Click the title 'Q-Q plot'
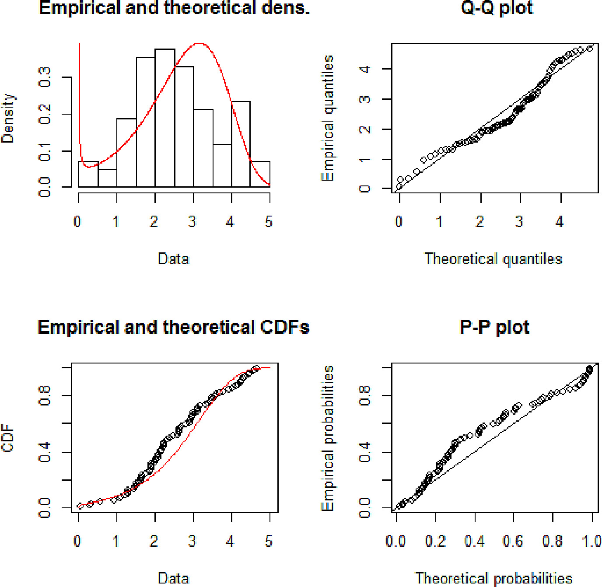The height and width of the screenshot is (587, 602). pyautogui.click(x=497, y=8)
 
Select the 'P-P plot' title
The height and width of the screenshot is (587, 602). pyautogui.click(x=494, y=327)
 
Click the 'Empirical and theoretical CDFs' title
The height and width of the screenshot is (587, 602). pyautogui.click(x=173, y=327)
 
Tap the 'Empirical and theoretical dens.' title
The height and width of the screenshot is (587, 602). pyautogui.click(x=174, y=8)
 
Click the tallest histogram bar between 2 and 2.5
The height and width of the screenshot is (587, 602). pyautogui.click(x=165, y=118)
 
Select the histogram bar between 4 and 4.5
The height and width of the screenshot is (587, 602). pyautogui.click(x=241, y=144)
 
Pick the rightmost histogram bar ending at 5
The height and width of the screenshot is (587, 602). pyautogui.click(x=260, y=174)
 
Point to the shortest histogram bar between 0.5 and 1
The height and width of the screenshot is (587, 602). pyautogui.click(x=108, y=178)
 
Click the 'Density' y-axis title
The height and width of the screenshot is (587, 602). pyautogui.click(x=8, y=119)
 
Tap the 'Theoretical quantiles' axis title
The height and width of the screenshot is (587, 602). pyautogui.click(x=493, y=259)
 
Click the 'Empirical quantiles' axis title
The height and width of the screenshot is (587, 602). pyautogui.click(x=327, y=118)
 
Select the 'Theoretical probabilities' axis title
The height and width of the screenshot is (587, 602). pyautogui.click(x=493, y=578)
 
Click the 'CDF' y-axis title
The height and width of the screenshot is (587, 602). pyautogui.click(x=8, y=438)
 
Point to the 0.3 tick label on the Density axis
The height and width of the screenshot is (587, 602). pyautogui.click(x=45, y=77)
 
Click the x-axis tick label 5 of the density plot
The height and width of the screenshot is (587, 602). pyautogui.click(x=269, y=221)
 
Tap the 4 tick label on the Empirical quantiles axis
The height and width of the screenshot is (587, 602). pyautogui.click(x=364, y=69)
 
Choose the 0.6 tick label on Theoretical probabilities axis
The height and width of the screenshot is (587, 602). pyautogui.click(x=513, y=541)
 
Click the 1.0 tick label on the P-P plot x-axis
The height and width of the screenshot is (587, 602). pyautogui.click(x=591, y=541)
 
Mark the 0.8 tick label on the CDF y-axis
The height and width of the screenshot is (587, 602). pyautogui.click(x=45, y=395)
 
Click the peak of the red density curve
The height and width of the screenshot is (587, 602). pyautogui.click(x=199, y=43)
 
